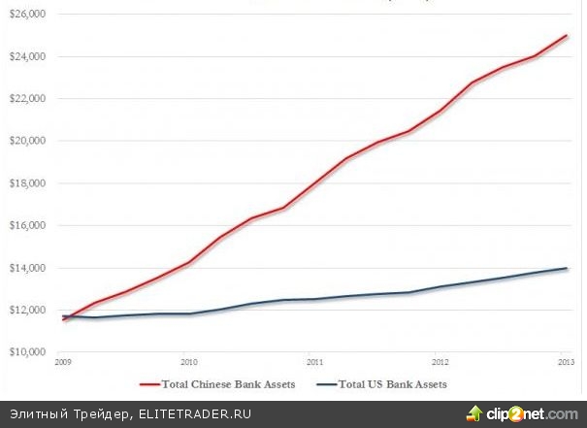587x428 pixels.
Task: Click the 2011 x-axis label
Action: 309,360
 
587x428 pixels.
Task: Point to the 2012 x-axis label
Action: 439,360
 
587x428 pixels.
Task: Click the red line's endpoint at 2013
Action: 568,35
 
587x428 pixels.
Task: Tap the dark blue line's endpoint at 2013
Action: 568,268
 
